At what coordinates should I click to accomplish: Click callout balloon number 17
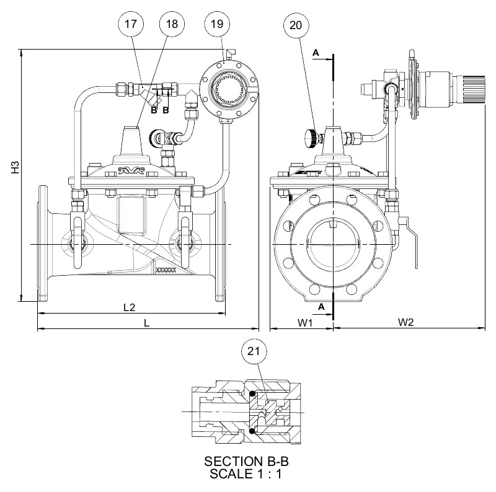point(131,24)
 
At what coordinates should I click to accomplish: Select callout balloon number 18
point(172,24)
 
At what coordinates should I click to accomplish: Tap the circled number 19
point(217,24)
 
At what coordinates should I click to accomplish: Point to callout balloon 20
point(296,25)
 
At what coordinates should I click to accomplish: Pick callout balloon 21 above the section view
point(254,351)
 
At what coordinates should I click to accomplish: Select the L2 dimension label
point(129,307)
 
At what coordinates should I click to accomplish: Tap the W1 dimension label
point(305,323)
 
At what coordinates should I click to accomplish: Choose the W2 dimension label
point(405,322)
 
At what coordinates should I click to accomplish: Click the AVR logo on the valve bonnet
point(131,171)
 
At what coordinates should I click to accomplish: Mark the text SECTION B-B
point(246,462)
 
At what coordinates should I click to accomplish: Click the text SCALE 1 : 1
point(246,473)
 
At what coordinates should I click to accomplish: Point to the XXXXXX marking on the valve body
point(166,270)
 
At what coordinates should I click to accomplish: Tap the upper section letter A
point(316,53)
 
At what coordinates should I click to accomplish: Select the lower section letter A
point(321,307)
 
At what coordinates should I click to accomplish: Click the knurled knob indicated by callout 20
point(310,139)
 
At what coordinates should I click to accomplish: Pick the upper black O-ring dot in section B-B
point(252,394)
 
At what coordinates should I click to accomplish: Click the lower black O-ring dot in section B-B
point(252,431)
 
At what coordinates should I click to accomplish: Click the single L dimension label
point(146,323)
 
